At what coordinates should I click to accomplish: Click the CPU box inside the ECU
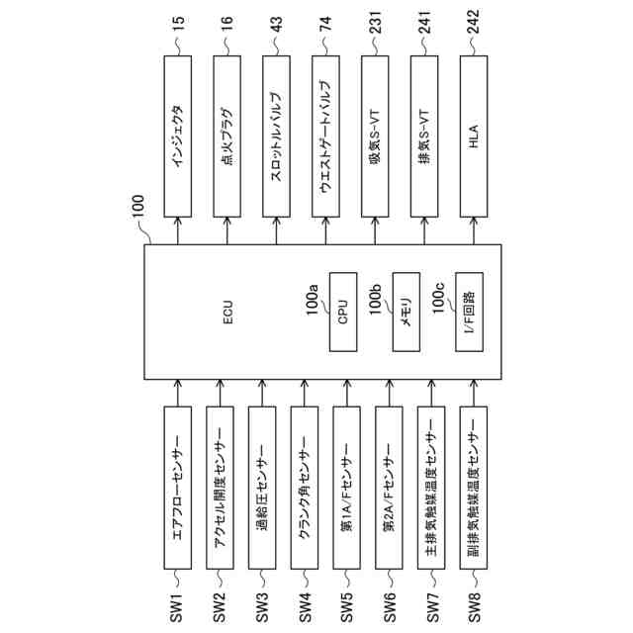[343, 313]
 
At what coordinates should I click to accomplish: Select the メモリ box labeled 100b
[407, 313]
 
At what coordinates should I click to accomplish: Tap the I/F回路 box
[469, 313]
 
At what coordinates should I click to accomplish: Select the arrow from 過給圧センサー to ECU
[262, 391]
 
